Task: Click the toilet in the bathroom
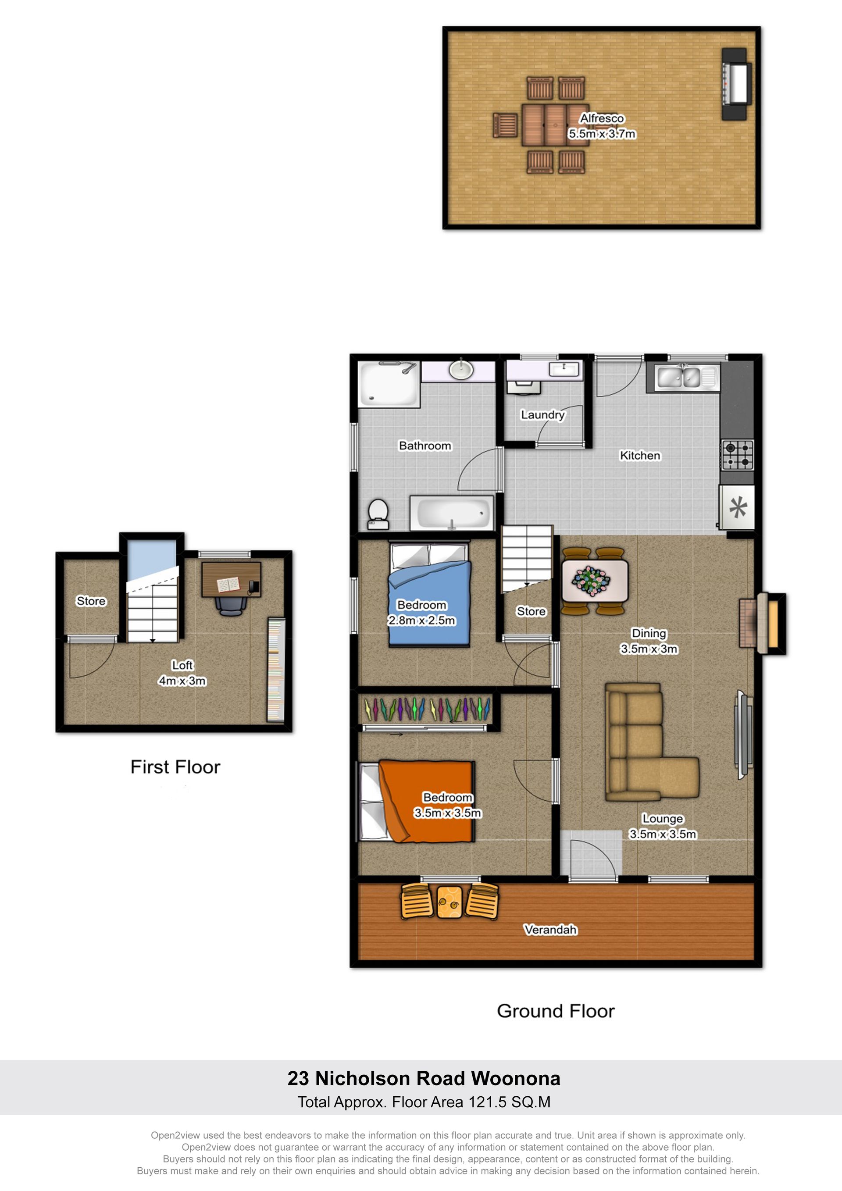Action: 378,514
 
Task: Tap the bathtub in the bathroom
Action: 452,513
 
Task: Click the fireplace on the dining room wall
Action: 763,623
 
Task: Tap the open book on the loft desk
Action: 228,585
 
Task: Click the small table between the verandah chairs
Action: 449,902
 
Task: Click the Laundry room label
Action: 542,414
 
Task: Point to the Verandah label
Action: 550,930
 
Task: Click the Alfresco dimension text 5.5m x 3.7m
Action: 602,133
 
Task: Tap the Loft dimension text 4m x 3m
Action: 182,681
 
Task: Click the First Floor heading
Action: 175,767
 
